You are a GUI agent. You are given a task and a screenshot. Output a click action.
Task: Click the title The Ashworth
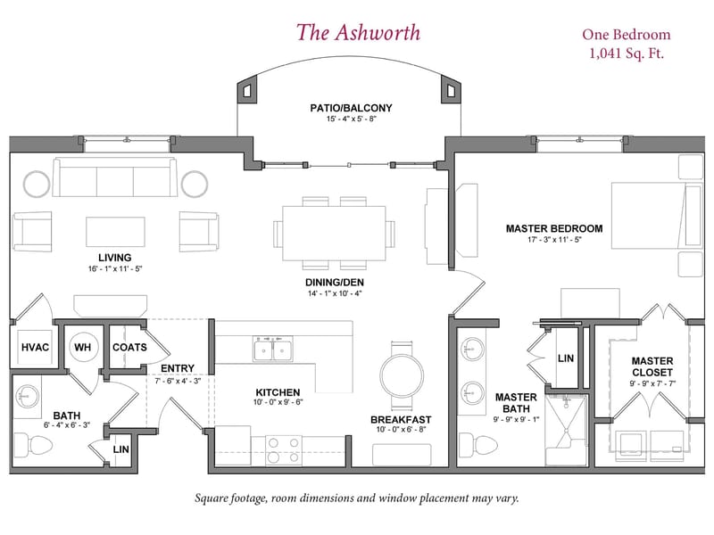358,33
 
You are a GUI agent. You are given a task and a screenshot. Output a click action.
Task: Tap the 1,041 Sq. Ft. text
627,53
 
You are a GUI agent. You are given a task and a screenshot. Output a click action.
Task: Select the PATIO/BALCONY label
351,108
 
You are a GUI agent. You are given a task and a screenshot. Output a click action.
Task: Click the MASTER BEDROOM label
554,228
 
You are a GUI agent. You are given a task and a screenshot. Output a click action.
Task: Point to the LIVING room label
115,258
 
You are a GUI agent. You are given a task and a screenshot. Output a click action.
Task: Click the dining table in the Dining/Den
334,234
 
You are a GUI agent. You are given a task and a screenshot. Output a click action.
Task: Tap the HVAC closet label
35,348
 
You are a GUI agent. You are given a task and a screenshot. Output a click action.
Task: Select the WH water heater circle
83,348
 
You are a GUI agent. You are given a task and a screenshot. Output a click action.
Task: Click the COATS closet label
129,348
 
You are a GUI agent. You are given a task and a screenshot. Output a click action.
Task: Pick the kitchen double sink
273,350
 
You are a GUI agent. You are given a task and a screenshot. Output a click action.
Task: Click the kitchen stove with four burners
283,450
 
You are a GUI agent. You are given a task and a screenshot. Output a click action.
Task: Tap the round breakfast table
402,376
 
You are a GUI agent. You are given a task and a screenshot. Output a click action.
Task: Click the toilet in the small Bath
33,444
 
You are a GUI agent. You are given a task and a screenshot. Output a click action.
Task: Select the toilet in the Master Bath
477,444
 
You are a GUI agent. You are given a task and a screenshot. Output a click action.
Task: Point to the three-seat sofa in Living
115,177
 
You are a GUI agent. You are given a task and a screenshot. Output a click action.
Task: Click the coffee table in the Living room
116,232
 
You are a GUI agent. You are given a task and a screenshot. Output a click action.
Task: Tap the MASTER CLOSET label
652,366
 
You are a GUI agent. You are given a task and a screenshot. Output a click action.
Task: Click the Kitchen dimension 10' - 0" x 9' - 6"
278,402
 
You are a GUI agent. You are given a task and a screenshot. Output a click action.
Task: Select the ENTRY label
178,368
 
